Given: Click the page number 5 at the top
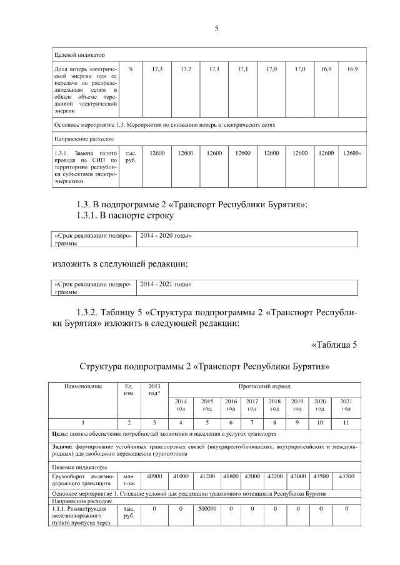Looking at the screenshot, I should [x=216, y=29].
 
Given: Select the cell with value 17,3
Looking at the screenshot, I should [x=157, y=69].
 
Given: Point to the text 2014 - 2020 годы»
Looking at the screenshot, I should [x=166, y=236].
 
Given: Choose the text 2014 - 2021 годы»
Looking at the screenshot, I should [x=166, y=284].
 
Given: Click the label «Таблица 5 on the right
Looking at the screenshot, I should [x=333, y=344].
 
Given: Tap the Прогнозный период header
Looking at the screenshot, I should [x=264, y=386].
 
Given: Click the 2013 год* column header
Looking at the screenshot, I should [x=154, y=390].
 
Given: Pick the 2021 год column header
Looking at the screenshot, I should [x=346, y=404].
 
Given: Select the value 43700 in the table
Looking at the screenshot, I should [x=346, y=476].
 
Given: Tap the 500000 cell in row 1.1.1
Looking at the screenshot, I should [x=206, y=509].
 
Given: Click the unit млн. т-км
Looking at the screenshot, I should [x=130, y=479].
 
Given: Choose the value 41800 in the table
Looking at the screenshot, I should [x=231, y=476].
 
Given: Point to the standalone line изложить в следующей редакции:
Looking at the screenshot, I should [x=120, y=264].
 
